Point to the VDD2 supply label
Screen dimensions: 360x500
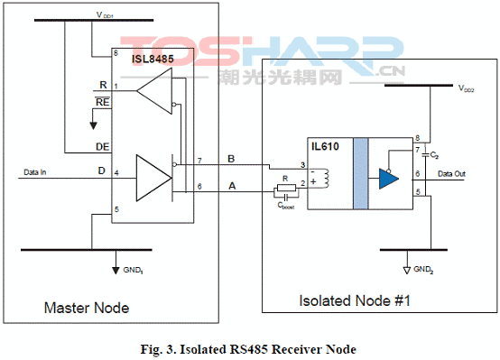[x=468, y=90]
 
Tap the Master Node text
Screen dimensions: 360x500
[x=87, y=309]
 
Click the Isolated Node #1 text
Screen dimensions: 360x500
[x=355, y=300]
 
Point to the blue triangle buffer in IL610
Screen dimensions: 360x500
[x=390, y=174]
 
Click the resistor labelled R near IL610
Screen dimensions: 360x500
[x=286, y=190]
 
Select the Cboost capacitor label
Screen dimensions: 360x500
[x=286, y=205]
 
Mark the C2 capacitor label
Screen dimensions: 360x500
[x=435, y=155]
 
